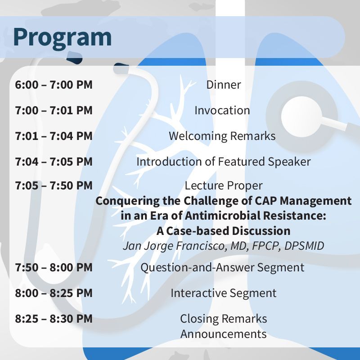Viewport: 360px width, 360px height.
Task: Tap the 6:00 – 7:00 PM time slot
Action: (x=54, y=85)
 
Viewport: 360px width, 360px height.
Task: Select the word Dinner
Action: (x=224, y=85)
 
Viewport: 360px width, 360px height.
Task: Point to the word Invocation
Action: (x=222, y=110)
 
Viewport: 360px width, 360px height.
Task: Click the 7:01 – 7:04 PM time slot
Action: (x=54, y=136)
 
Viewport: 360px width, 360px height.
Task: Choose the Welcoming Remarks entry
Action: (x=222, y=136)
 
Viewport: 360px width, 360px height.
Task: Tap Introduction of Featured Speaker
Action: (x=224, y=162)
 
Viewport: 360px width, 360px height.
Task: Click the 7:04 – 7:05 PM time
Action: (x=54, y=162)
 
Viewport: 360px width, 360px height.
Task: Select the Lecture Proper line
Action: (x=224, y=186)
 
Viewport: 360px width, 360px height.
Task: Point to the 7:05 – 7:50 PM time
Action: (x=54, y=185)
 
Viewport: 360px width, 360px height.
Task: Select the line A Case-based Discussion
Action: (x=224, y=231)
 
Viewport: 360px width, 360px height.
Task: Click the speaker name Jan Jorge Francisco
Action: (x=174, y=246)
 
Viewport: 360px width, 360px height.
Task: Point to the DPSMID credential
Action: (x=304, y=246)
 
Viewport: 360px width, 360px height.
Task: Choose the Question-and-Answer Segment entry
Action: (x=222, y=268)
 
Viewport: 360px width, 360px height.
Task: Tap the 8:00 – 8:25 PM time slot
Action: (x=54, y=293)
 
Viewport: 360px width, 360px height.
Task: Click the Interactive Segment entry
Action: (x=224, y=293)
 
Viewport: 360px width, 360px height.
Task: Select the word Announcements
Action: (x=224, y=334)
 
